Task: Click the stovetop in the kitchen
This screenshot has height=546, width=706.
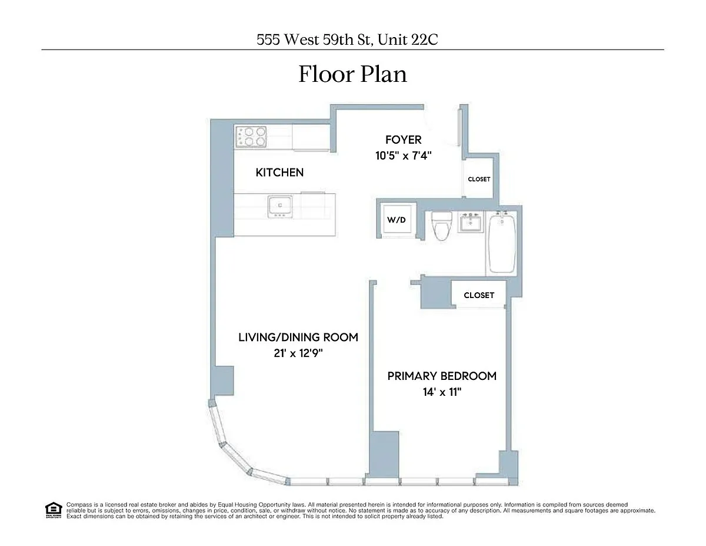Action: point(251,137)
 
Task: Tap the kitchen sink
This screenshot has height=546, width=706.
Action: point(279,206)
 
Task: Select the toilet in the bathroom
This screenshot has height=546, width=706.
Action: point(442,226)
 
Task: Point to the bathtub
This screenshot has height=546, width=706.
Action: point(502,242)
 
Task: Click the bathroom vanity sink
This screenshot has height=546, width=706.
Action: point(470,222)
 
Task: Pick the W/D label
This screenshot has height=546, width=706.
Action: point(397,220)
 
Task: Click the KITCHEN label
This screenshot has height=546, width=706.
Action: point(279,173)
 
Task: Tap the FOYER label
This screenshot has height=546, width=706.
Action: point(403,140)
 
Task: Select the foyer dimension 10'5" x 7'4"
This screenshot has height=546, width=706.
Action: point(403,155)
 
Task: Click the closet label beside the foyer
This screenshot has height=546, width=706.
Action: point(479,179)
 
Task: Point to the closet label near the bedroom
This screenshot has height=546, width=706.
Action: point(479,295)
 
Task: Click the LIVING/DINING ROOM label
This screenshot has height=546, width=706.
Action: point(298,337)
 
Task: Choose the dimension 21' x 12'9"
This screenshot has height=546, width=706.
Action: point(298,353)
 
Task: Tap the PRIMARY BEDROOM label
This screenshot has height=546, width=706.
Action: point(442,376)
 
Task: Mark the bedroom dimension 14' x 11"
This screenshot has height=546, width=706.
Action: point(442,392)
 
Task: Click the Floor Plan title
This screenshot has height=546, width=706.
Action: point(352,74)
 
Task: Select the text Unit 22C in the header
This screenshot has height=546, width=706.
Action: point(408,39)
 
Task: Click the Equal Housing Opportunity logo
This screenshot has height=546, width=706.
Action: point(54,511)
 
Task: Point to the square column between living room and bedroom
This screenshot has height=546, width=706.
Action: point(384,455)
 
